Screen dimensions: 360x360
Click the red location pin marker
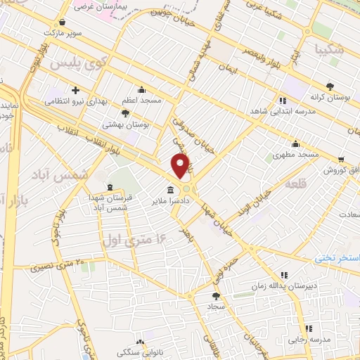(x=181, y=165)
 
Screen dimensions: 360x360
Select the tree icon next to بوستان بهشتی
(x=125, y=112)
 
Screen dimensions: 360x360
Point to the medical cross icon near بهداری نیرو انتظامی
(x=85, y=90)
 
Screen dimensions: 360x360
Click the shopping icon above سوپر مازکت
(x=64, y=21)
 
